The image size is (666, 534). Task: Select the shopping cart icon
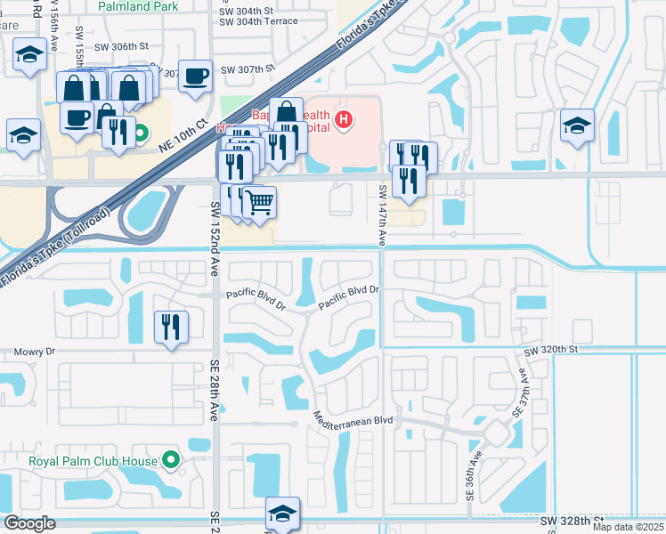tap(259, 203)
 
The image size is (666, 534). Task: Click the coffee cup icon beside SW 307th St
tap(195, 77)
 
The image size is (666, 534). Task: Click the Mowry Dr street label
tap(35, 352)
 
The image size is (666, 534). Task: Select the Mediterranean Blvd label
tap(353, 417)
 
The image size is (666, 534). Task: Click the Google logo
tap(29, 523)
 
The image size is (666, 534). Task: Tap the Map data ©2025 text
tap(627, 527)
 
